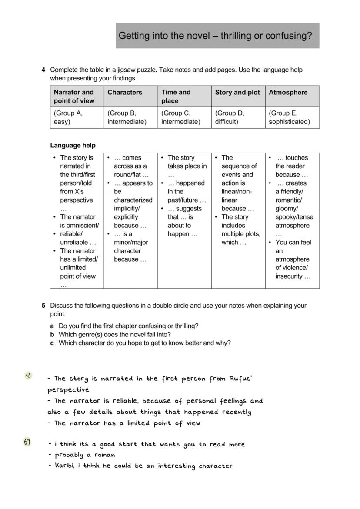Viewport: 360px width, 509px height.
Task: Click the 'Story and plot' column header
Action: (x=237, y=92)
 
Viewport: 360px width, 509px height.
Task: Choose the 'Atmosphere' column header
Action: (x=288, y=92)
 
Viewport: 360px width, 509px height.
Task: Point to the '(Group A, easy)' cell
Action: (x=68, y=117)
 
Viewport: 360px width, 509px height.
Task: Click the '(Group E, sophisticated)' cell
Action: (x=289, y=117)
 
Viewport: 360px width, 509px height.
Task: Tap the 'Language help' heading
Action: (x=73, y=145)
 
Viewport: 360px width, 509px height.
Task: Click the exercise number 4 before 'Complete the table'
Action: (x=43, y=70)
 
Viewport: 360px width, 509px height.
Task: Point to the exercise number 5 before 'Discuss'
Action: (x=43, y=306)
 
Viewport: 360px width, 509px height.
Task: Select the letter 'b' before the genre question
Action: (x=52, y=334)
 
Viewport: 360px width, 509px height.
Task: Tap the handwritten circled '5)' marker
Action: (x=27, y=442)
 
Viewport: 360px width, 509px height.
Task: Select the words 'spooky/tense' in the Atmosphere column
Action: (x=294, y=217)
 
